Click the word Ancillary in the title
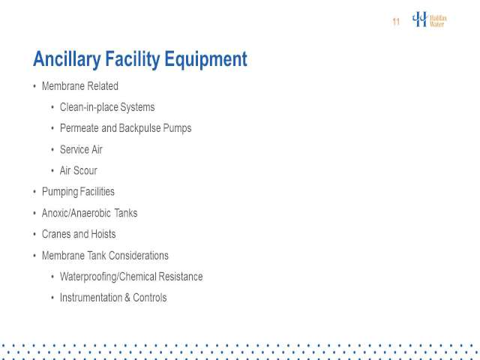pos(67,59)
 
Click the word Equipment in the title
pos(205,59)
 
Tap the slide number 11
pos(396,22)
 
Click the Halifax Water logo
pos(429,19)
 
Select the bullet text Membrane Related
pos(80,86)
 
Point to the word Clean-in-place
pos(88,107)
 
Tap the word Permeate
pos(79,128)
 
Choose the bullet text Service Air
pos(81,149)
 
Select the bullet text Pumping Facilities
pos(78,192)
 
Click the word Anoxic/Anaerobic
pos(76,213)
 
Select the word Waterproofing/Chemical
pos(108,277)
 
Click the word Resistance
pos(181,277)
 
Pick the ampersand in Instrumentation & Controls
pos(127,298)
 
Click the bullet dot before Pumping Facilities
pos(34,192)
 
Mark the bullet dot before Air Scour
pos(52,171)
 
